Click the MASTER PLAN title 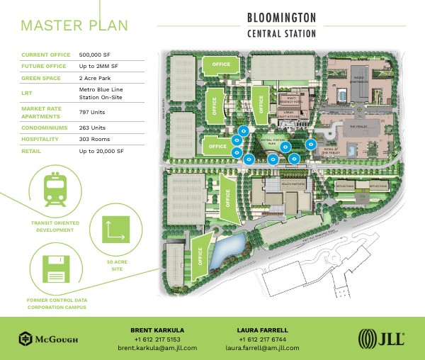click(74, 25)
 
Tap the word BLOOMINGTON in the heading click(281, 17)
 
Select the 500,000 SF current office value click(98, 55)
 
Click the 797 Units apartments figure click(92, 112)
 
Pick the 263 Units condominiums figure click(92, 128)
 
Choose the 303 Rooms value click(95, 140)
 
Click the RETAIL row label click(31, 152)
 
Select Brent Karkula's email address click(157, 348)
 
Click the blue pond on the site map click(230, 249)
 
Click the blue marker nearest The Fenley click(310, 145)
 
